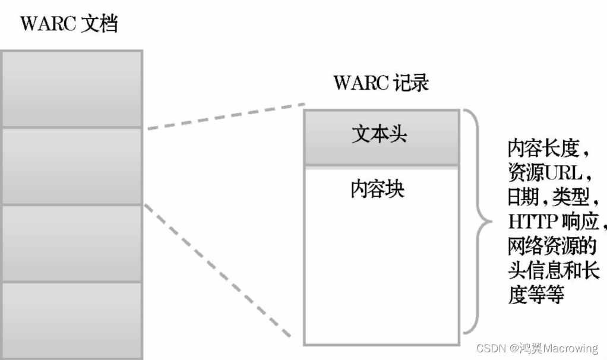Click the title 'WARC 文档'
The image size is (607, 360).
point(69,24)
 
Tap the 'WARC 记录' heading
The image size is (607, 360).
point(381,83)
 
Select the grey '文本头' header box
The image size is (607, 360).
point(381,137)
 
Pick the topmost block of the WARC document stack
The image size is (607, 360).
point(72,89)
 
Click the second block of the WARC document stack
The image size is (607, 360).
point(72,166)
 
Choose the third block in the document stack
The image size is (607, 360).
point(72,243)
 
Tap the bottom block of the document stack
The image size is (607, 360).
point(72,320)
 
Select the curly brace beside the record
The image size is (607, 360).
point(478,222)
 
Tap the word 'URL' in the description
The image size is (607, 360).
point(564,173)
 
